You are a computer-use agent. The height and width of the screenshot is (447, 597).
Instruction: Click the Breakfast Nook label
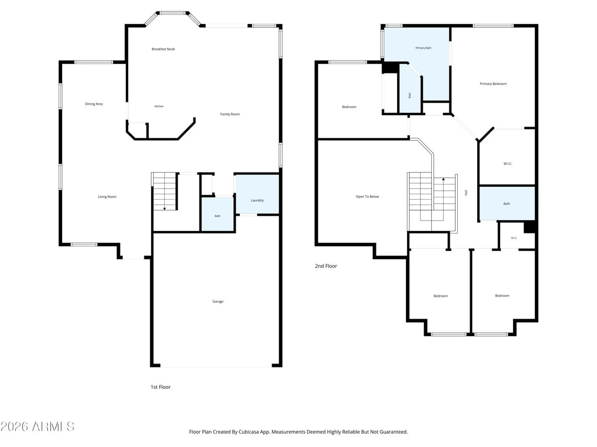(x=163, y=49)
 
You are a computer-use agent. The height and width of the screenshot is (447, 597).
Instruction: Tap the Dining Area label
(x=94, y=104)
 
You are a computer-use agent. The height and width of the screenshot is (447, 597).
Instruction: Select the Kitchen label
(x=159, y=106)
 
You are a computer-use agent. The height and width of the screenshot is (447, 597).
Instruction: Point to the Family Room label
(x=230, y=114)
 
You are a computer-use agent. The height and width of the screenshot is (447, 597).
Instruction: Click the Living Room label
(x=107, y=197)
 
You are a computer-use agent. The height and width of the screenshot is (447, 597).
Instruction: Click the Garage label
(x=218, y=301)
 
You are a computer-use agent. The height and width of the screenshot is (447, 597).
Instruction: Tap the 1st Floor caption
(x=160, y=387)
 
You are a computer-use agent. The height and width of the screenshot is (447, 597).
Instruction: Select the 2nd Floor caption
(x=326, y=266)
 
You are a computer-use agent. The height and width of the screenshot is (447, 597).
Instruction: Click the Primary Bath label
(x=423, y=48)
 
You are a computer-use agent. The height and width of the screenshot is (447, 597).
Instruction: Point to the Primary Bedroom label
(x=493, y=84)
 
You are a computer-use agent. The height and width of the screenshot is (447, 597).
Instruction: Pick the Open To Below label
(x=367, y=197)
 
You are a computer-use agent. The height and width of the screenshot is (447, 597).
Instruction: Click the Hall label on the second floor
(x=466, y=192)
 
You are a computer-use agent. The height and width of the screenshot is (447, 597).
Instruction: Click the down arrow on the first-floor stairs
(x=165, y=208)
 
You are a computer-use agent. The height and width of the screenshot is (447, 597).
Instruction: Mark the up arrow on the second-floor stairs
(x=443, y=179)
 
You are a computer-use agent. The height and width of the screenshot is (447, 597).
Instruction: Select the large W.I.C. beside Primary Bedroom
(x=507, y=164)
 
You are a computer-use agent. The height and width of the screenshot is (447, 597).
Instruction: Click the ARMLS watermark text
(x=37, y=427)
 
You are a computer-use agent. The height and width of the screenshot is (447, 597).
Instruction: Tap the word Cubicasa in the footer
(x=258, y=432)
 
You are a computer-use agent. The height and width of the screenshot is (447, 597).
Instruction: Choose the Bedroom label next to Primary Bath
(x=349, y=107)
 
